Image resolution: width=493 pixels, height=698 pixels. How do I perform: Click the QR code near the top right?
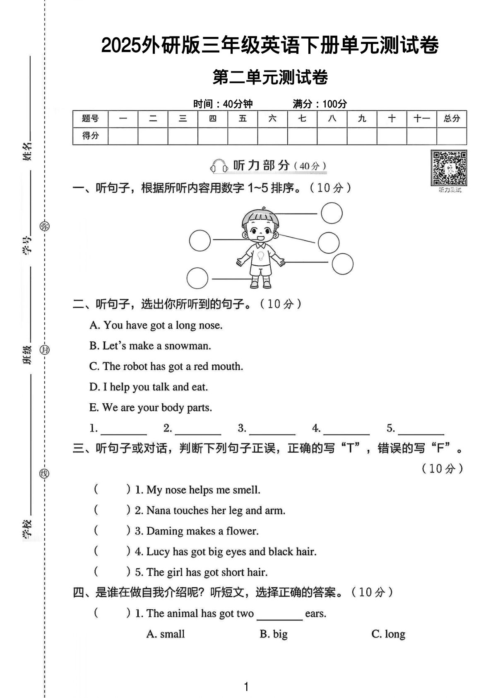(449, 168)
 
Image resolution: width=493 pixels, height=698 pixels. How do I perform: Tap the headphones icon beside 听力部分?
(219, 166)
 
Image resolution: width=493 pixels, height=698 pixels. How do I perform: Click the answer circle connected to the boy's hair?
(332, 213)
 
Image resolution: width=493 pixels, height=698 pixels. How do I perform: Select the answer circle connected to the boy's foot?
(197, 278)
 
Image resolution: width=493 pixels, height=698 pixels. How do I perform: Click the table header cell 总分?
(452, 119)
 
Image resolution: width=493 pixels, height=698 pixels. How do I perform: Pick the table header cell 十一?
(421, 119)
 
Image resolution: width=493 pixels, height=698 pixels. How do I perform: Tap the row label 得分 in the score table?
(90, 136)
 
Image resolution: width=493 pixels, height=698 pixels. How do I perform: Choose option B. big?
(274, 634)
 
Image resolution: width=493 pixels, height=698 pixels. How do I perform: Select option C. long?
(388, 634)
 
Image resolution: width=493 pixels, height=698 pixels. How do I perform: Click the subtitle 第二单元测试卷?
(270, 78)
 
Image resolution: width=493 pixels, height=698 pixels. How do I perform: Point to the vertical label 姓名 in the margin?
(27, 151)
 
